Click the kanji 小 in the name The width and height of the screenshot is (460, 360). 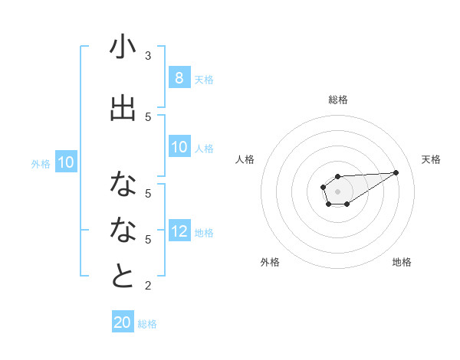coord(123,47)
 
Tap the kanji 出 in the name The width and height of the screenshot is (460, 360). coord(123,108)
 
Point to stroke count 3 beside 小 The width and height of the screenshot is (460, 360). coord(148,56)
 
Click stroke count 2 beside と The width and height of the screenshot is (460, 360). coord(148,286)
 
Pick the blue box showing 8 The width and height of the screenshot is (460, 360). coord(179,78)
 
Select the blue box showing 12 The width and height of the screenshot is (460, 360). coord(179,232)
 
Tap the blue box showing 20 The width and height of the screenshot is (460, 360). coord(123,322)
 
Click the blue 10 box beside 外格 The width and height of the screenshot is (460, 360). coord(66,162)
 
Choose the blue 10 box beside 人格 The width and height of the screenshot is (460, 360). coord(179,147)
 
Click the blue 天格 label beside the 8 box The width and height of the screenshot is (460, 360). coord(204,79)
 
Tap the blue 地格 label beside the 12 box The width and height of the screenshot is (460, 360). coord(204,233)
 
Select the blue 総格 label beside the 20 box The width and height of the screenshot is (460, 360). coord(147,323)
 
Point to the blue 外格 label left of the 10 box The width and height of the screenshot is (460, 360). coord(40,163)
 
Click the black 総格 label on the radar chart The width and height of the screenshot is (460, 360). coord(337,100)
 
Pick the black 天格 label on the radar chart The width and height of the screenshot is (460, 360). coord(431,159)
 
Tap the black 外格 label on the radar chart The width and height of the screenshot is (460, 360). coord(270,262)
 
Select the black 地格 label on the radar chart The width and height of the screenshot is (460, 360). coord(402,262)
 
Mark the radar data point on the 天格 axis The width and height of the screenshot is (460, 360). coord(396,172)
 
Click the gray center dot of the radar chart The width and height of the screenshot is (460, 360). coord(337,191)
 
